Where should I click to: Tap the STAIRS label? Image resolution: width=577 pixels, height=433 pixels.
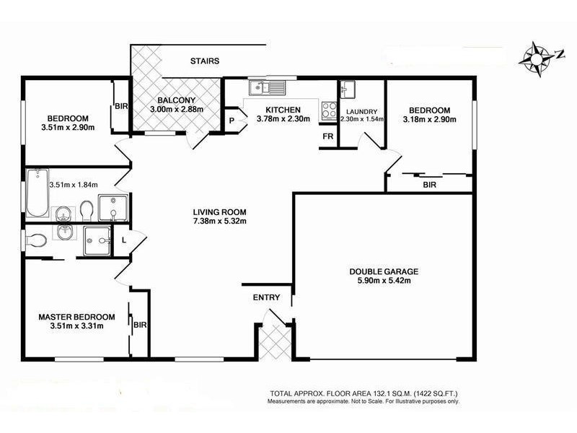(x=205, y=61)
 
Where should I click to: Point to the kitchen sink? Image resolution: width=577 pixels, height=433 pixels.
(x=267, y=88)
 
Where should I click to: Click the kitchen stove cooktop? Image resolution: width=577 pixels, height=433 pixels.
(x=329, y=110)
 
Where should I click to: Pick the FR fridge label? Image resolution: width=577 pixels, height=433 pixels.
(x=327, y=136)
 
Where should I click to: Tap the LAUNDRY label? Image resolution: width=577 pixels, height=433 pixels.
(x=361, y=111)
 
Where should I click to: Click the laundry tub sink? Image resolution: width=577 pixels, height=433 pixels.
(x=348, y=90)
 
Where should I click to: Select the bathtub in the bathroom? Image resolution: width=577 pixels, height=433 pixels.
(x=36, y=193)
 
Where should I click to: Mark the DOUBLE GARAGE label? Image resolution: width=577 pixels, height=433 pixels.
(x=384, y=271)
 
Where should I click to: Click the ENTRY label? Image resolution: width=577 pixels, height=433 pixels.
(x=266, y=297)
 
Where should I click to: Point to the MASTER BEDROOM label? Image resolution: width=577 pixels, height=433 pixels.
(x=76, y=317)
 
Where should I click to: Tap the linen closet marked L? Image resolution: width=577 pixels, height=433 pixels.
(x=124, y=239)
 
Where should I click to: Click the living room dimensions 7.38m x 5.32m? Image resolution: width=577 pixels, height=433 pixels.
(x=219, y=222)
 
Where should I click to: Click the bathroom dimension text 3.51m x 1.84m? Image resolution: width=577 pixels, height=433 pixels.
(x=73, y=185)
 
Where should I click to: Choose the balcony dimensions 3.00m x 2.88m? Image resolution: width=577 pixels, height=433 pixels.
(x=176, y=110)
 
